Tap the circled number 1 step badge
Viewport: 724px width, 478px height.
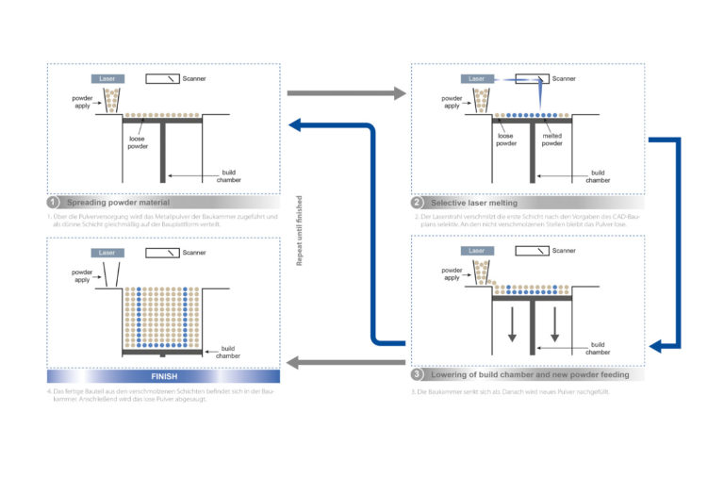click(54, 203)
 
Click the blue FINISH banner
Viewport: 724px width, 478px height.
click(164, 374)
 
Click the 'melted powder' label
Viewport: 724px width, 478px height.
click(551, 140)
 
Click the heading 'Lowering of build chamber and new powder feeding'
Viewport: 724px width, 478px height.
click(529, 374)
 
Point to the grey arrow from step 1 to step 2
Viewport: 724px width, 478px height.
click(345, 93)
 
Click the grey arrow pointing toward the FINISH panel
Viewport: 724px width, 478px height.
click(345, 363)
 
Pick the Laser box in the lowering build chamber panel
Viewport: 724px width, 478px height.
click(477, 251)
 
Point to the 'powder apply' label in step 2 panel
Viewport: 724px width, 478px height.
click(452, 103)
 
